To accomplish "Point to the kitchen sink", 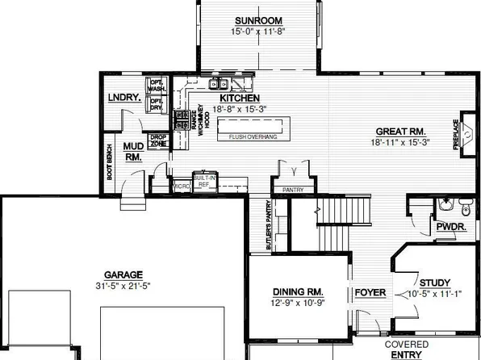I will (217, 83).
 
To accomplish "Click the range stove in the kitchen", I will (183, 120).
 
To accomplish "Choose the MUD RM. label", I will (132, 152).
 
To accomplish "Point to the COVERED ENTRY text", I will (407, 349).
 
